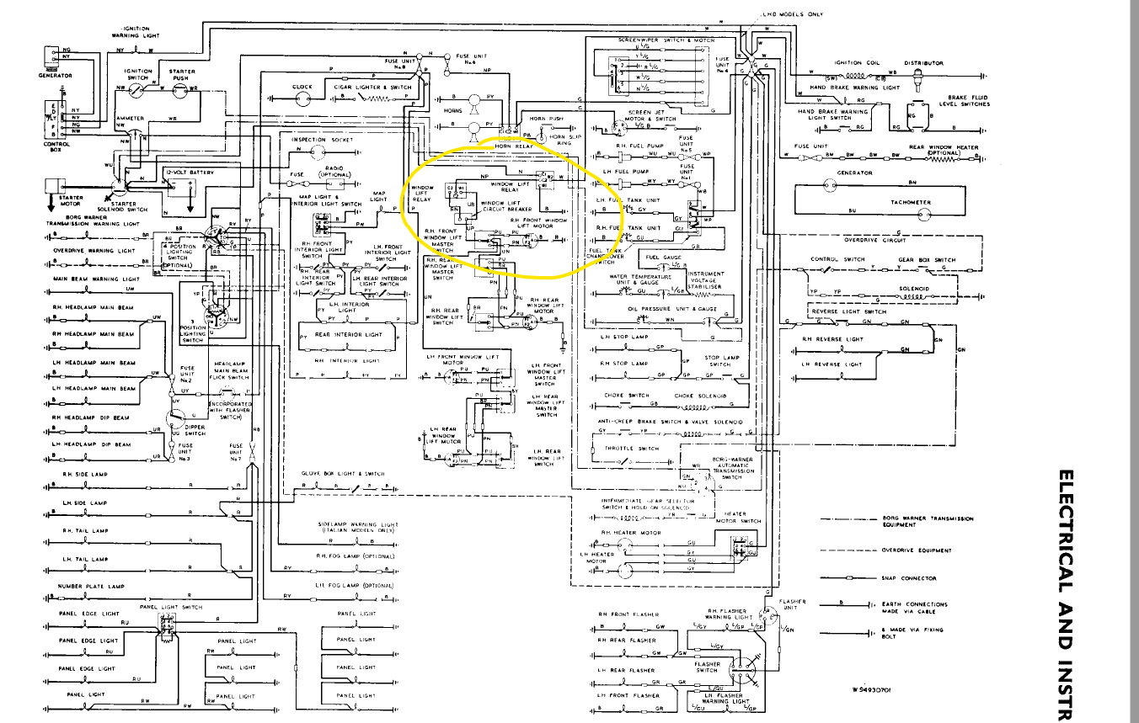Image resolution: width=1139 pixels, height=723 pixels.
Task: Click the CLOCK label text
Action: coord(302,87)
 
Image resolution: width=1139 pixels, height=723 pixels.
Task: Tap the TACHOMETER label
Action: coord(911,202)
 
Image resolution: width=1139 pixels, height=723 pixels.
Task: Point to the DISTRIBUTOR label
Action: coord(924,63)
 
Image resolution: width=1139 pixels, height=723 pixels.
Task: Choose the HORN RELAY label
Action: coord(515,146)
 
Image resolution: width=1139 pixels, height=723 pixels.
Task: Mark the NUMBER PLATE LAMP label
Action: coord(90,587)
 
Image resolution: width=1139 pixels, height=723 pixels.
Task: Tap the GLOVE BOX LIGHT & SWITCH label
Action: coord(343,474)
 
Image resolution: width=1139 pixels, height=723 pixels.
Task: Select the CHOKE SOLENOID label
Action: coord(700,396)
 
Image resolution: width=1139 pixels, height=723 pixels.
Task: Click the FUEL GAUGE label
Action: coord(663,258)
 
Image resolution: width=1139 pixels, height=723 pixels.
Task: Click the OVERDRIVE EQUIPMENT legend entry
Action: coord(917,550)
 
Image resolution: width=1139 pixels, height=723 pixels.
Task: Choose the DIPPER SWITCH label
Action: coord(195,429)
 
